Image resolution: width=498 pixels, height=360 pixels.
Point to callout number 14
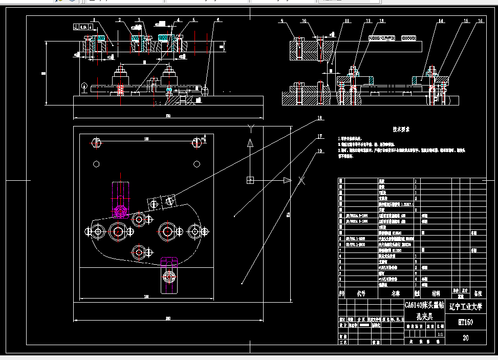coord(440,21)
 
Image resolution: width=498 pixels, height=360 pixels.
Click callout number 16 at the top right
coord(480,21)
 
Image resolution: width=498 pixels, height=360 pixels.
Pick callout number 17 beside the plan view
coord(320,137)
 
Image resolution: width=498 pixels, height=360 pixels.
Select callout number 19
coord(320,151)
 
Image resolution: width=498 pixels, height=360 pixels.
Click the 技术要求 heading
coord(400,130)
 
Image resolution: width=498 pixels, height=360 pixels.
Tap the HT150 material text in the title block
coord(465,323)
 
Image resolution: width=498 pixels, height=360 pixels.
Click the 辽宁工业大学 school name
coord(465,307)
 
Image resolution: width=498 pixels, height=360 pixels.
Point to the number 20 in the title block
coord(465,338)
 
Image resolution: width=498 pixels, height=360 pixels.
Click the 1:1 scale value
coord(441,333)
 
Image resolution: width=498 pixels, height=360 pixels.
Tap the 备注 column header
coord(478,294)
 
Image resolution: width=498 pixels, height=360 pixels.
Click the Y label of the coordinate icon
coord(250,126)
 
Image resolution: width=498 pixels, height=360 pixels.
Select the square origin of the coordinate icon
coord(250,180)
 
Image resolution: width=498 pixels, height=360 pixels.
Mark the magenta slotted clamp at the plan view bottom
coord(168,275)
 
